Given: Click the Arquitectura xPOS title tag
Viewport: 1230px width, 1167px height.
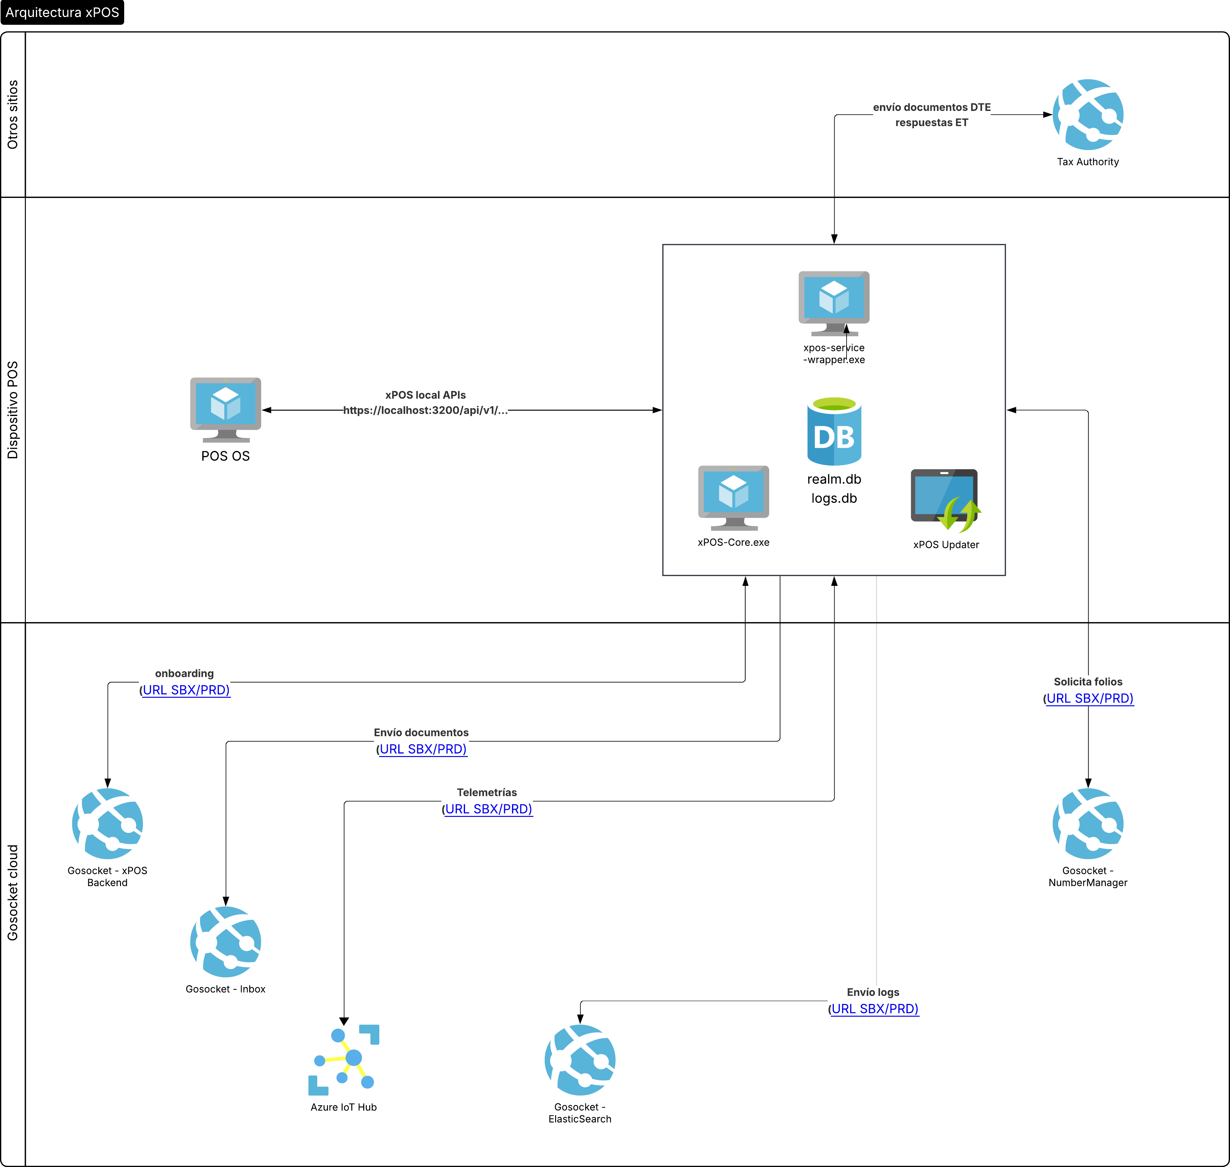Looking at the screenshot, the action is (x=62, y=12).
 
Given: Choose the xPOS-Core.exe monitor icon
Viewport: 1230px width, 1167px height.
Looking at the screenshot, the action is (x=734, y=498).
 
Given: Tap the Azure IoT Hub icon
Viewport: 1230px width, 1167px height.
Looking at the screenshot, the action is (x=344, y=1060).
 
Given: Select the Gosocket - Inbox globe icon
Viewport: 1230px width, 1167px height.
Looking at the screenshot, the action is (x=226, y=942).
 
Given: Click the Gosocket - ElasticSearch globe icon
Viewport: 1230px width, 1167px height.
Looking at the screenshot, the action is (x=580, y=1060).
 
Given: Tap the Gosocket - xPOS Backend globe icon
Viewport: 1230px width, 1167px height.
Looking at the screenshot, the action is (x=107, y=823).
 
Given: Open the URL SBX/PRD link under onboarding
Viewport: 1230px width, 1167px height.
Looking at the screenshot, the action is (x=186, y=690).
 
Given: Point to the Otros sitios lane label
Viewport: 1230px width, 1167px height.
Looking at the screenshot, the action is (x=12, y=114).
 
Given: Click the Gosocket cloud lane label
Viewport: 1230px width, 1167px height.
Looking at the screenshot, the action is (x=12, y=893).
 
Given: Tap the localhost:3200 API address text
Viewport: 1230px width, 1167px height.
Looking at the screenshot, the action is (x=425, y=410).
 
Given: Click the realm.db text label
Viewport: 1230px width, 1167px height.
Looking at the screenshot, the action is (x=834, y=479).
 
